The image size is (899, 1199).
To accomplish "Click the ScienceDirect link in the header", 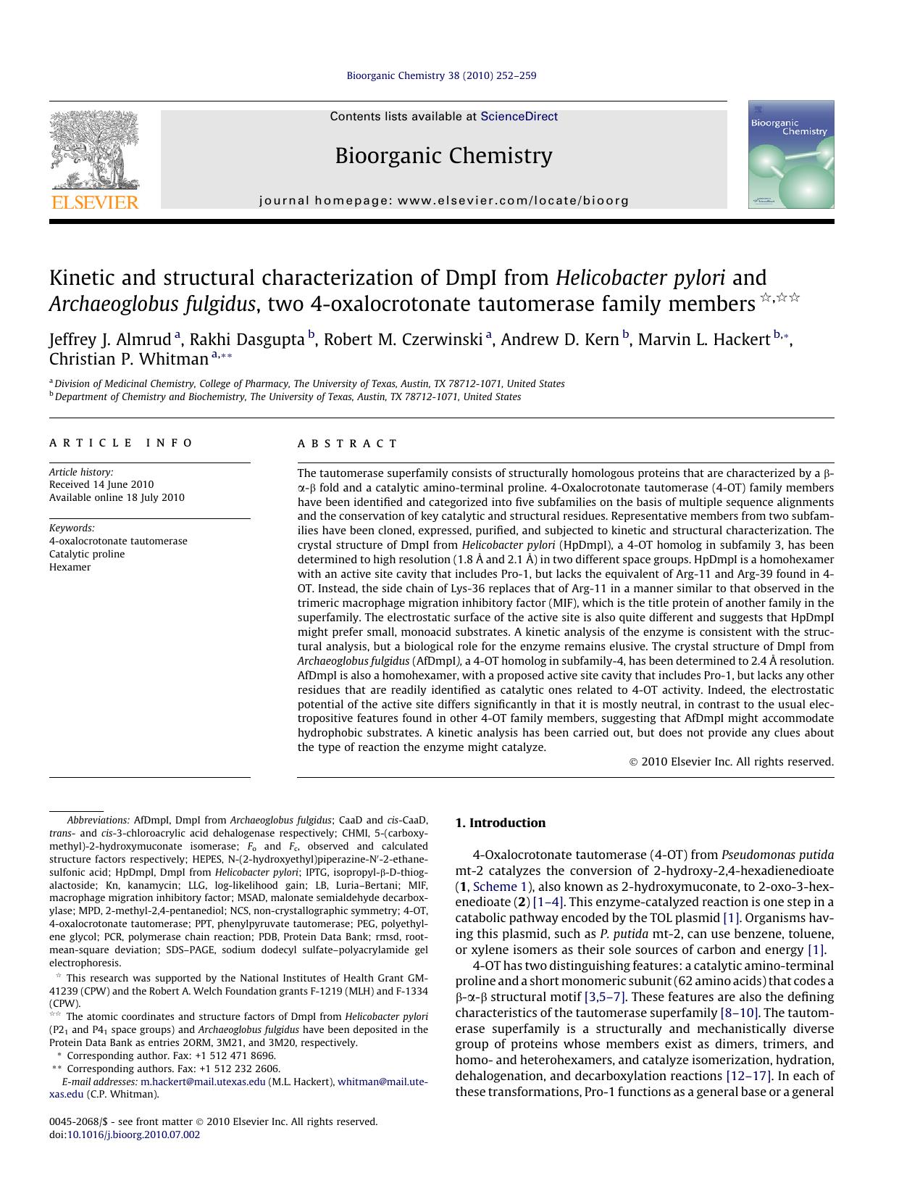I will (x=519, y=116).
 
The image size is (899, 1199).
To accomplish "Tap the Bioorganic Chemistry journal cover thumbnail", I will (x=791, y=154).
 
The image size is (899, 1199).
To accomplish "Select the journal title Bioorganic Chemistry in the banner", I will (x=443, y=156).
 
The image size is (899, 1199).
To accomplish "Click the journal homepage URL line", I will (x=443, y=201).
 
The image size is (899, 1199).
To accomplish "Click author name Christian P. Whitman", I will (x=128, y=360).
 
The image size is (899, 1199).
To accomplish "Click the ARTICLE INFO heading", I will (x=121, y=443).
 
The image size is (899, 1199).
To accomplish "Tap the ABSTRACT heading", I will (x=348, y=443).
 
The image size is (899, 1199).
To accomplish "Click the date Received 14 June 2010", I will (x=101, y=484).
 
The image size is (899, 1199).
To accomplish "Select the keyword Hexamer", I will (x=70, y=567).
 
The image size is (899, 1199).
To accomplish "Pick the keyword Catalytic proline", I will (x=87, y=554).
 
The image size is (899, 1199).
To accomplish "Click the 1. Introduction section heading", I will (x=500, y=823).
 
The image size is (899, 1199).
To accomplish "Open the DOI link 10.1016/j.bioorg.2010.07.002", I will (x=133, y=1134).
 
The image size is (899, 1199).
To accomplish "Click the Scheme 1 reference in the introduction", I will (x=495, y=887).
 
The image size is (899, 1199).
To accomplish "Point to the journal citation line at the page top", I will (x=441, y=75).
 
